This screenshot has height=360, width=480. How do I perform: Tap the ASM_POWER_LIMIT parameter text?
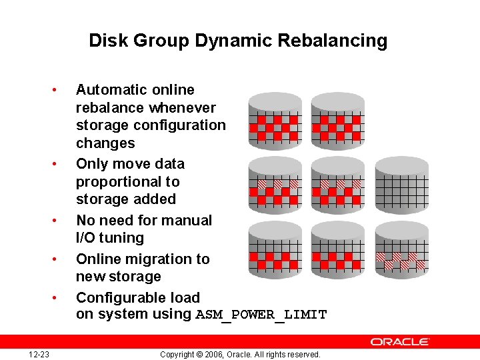point(261,315)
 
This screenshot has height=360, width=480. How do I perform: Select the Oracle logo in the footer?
point(400,341)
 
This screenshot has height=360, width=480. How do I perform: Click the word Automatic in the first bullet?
point(109,90)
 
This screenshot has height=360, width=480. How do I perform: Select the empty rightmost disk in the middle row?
point(401,185)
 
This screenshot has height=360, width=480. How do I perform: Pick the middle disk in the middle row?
point(338,185)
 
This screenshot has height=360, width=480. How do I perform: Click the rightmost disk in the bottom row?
point(401,250)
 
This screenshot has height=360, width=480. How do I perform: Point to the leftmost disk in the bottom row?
point(275,250)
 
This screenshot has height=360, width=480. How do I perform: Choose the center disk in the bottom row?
point(338,250)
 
